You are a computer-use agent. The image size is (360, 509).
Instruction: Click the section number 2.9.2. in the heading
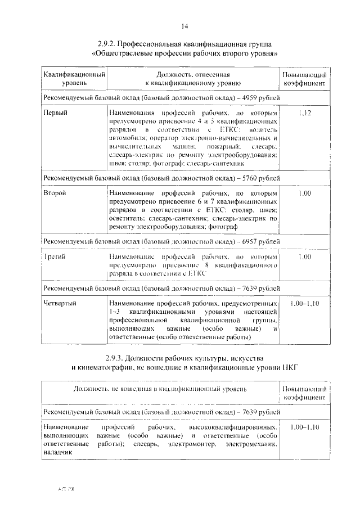pos(107,44)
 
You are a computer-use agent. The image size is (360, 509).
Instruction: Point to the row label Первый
pos(56,114)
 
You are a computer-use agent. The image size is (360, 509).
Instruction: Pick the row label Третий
pos(55,257)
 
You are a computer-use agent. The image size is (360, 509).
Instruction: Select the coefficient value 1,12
pos(305,114)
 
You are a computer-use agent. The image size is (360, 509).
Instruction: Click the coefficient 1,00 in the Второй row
pos(305,193)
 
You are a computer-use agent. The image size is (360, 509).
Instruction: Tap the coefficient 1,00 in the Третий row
pos(305,257)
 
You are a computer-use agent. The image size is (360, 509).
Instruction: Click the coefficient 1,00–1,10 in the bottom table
pos(305,427)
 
